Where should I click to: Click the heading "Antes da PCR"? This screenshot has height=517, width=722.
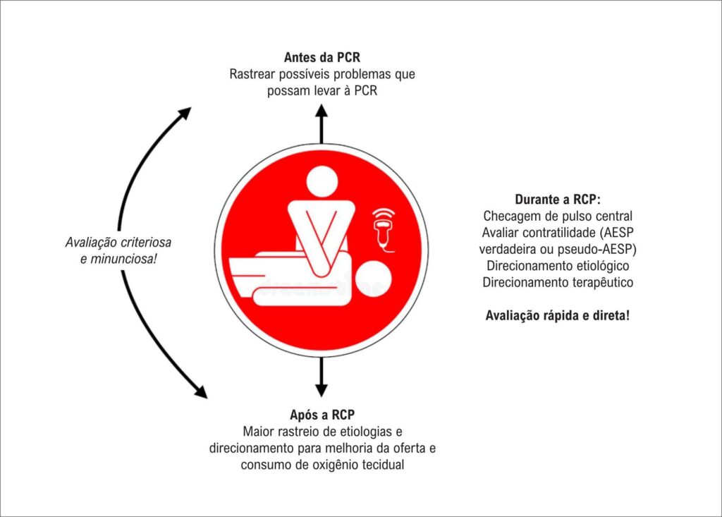pyautogui.click(x=322, y=56)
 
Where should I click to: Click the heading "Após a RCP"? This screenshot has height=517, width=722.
pyautogui.click(x=322, y=415)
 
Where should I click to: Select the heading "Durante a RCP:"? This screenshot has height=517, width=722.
pyautogui.click(x=557, y=199)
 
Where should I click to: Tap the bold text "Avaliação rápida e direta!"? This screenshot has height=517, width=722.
pyautogui.click(x=557, y=315)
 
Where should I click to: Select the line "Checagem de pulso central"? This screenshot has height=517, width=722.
pyautogui.click(x=557, y=216)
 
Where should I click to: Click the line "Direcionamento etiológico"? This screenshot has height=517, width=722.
pyautogui.click(x=557, y=266)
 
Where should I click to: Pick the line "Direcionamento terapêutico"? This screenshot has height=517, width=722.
pyautogui.click(x=557, y=283)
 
